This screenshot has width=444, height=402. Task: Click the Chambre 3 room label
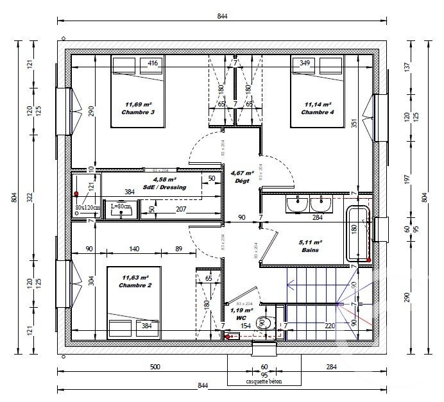pos(138,112)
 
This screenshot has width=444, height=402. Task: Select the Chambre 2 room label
pos(135,285)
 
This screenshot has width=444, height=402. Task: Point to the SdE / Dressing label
pos(169,187)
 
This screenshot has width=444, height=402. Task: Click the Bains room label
pos(311,250)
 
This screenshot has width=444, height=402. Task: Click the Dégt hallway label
pos(243,181)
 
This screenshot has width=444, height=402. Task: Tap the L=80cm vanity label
pos(121,206)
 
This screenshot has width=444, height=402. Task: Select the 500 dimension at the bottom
pos(155,367)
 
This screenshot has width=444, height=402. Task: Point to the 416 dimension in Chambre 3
pos(153,63)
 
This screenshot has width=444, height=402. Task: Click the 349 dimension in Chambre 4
pos(304,63)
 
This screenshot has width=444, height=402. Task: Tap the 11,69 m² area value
pos(138,104)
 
